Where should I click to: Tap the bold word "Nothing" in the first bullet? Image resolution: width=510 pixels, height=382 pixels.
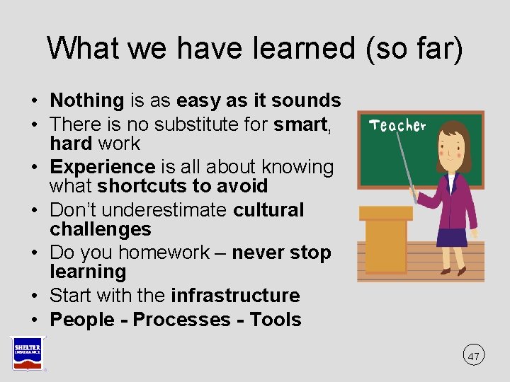(86, 100)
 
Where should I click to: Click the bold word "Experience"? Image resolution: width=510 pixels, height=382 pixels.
(102, 167)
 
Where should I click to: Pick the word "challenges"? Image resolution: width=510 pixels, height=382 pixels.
(100, 229)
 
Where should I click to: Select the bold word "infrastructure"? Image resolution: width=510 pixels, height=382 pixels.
(235, 295)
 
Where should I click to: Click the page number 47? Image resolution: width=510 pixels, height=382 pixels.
(474, 355)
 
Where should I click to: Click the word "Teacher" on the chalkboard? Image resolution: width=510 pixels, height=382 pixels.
(397, 126)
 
